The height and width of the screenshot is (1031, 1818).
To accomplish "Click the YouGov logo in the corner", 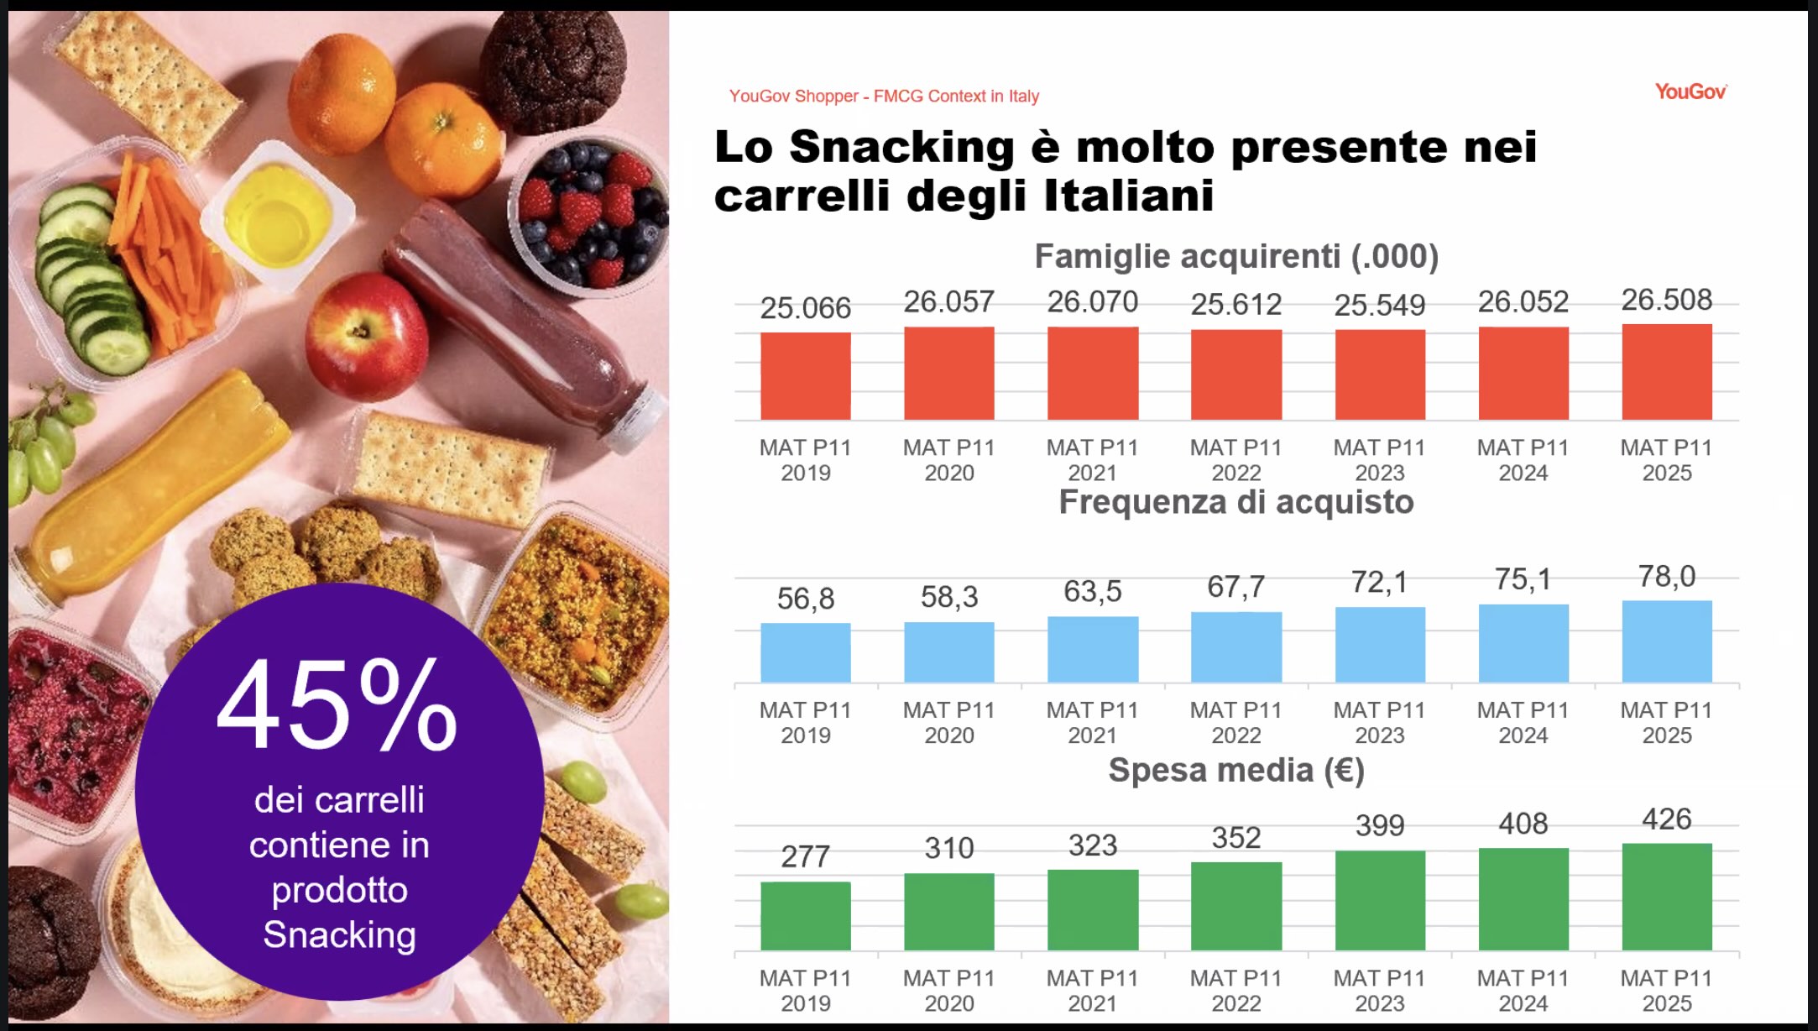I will tap(1690, 92).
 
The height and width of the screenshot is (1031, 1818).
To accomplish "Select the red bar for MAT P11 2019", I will tap(805, 375).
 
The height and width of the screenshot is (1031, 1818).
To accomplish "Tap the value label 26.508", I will tap(1666, 300).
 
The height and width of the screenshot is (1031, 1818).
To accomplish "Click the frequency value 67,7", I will tap(1236, 586).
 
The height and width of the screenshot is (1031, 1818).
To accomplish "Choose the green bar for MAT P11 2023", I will tap(1379, 900).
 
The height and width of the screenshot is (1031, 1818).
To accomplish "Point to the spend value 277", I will tap(805, 856).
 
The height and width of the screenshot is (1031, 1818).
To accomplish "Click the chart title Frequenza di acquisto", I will tap(1236, 502).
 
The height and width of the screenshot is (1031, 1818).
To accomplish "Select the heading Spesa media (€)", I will tap(1236, 770).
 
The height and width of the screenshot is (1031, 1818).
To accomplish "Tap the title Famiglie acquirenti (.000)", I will tap(1236, 256).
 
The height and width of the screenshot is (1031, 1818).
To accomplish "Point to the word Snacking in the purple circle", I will tap(339, 934).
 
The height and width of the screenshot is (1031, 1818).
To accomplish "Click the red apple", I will tap(365, 336).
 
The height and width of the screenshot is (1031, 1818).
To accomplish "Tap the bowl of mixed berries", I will tap(588, 214).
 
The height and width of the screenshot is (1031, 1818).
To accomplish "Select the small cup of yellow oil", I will tap(277, 214).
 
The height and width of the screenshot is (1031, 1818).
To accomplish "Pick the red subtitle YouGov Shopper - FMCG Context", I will tap(884, 97).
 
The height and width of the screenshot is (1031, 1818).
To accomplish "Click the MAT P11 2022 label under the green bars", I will tap(1236, 991).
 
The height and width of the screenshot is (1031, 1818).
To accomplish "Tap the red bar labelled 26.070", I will tap(1092, 373).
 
